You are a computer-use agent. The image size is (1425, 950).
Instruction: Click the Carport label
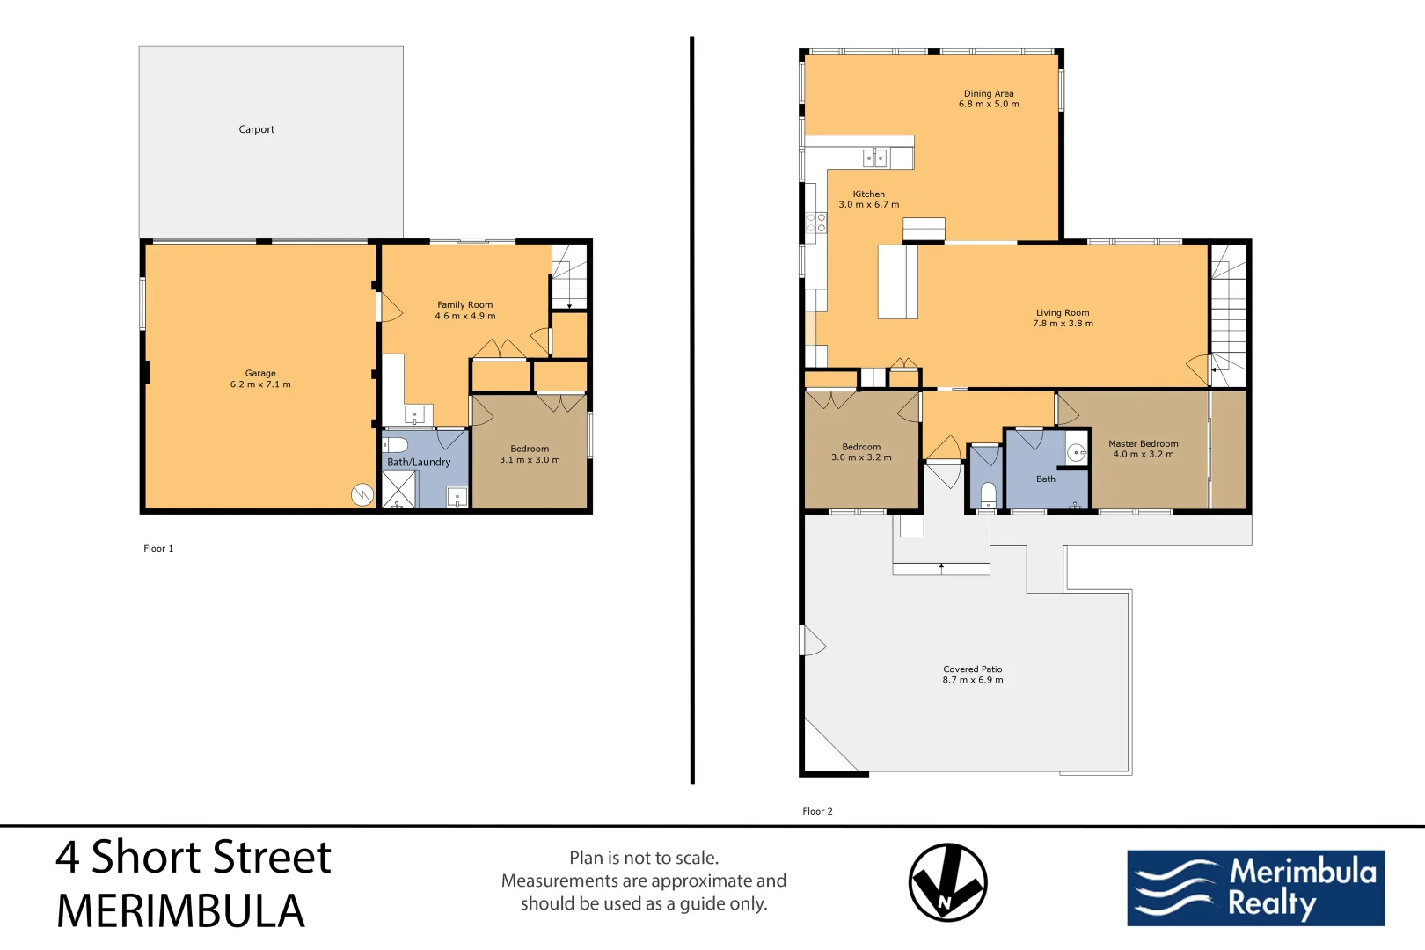(x=256, y=129)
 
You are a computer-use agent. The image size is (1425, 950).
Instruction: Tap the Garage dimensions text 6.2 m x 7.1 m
(x=260, y=384)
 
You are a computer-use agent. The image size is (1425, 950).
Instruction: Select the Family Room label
(x=464, y=304)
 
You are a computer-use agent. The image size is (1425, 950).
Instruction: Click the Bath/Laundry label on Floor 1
(x=419, y=462)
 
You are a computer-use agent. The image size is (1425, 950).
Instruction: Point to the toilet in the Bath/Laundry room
(x=396, y=444)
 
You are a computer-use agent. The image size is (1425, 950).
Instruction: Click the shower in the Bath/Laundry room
(x=398, y=490)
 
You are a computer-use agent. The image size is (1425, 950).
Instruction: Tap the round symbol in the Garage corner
(x=362, y=495)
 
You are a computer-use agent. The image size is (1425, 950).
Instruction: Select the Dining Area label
(x=989, y=93)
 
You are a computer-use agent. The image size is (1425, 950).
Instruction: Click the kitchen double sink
(x=875, y=158)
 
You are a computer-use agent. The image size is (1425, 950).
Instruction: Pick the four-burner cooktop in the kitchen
(x=816, y=223)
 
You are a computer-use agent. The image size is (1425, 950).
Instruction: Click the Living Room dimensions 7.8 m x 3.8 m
(x=1063, y=324)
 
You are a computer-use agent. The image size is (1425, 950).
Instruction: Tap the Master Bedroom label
(x=1143, y=443)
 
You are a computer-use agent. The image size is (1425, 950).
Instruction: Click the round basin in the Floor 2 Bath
(x=1077, y=453)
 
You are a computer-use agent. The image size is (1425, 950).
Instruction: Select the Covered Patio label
(x=972, y=669)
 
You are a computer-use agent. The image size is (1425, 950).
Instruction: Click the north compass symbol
(x=947, y=882)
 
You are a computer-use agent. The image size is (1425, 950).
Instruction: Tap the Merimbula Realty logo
(x=1255, y=888)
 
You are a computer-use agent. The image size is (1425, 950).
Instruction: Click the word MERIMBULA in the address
(x=180, y=911)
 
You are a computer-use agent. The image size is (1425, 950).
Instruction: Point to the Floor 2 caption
(x=817, y=811)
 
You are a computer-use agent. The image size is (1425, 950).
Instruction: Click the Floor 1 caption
(x=158, y=548)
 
